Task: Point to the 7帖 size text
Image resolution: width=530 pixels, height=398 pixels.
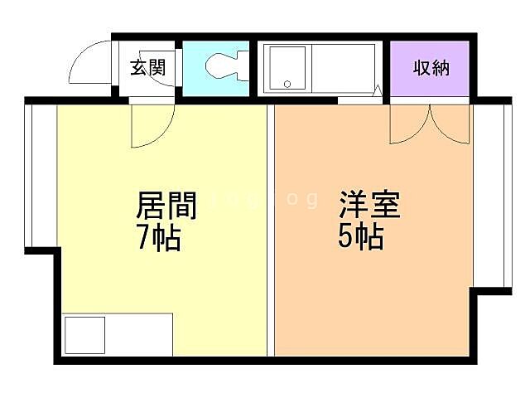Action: [x=159, y=238]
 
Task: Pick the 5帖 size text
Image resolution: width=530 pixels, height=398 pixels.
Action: [x=360, y=238]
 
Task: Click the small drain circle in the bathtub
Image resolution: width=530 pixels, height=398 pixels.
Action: [x=287, y=84]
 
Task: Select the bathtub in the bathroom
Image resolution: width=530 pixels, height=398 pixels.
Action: [x=286, y=67]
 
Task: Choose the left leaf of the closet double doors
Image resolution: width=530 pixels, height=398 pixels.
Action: [x=411, y=124]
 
